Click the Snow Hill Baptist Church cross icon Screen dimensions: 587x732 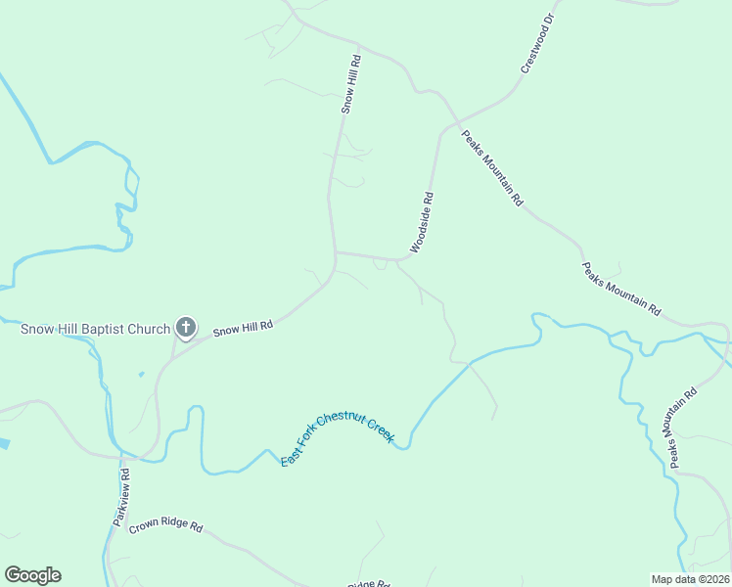click(x=186, y=328)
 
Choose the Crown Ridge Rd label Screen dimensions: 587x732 click(x=165, y=525)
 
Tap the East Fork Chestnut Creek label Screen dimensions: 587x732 click(x=337, y=437)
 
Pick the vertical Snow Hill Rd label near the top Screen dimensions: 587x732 click(x=351, y=84)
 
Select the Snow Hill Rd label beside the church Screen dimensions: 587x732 click(x=242, y=330)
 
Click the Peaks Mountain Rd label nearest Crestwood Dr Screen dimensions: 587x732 click(x=491, y=167)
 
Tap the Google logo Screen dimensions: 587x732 click(x=32, y=575)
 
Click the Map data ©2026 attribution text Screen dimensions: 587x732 click(x=690, y=579)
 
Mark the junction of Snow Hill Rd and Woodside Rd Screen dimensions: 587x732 click(x=336, y=252)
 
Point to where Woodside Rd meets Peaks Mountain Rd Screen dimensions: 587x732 click(x=443, y=129)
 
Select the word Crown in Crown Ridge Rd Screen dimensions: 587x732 click(x=142, y=521)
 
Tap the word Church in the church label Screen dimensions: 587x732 click(x=150, y=329)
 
